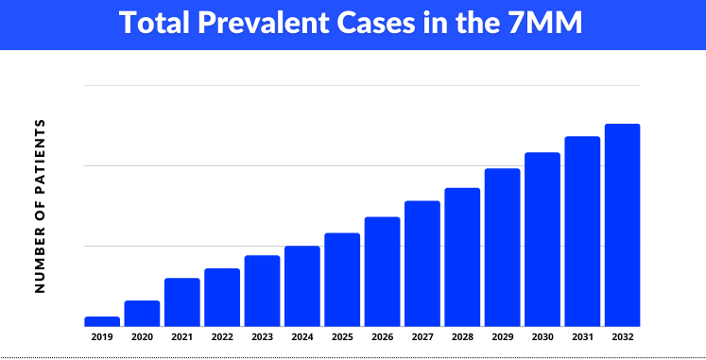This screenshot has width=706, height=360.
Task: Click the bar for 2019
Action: [102, 321]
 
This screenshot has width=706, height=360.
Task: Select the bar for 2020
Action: [142, 314]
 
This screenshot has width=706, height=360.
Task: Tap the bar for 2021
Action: [181, 302]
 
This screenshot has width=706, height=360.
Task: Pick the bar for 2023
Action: [262, 291]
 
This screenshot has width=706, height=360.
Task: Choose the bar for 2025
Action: [342, 280]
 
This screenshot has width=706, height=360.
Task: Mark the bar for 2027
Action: [422, 264]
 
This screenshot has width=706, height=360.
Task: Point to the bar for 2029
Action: [503, 248]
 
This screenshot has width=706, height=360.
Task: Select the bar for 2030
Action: [542, 239]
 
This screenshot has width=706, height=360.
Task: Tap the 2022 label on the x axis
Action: [222, 336]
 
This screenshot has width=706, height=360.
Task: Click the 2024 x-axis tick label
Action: [302, 336]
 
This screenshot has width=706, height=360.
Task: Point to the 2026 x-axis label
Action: [382, 336]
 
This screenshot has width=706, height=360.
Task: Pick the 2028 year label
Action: [462, 336]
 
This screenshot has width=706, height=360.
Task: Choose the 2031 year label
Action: [582, 336]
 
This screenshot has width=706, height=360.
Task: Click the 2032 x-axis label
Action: [623, 336]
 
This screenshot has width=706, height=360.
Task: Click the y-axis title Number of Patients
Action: [40, 205]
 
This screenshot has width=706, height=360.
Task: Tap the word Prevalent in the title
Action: [266, 24]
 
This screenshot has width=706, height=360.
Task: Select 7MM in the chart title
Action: [544, 24]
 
